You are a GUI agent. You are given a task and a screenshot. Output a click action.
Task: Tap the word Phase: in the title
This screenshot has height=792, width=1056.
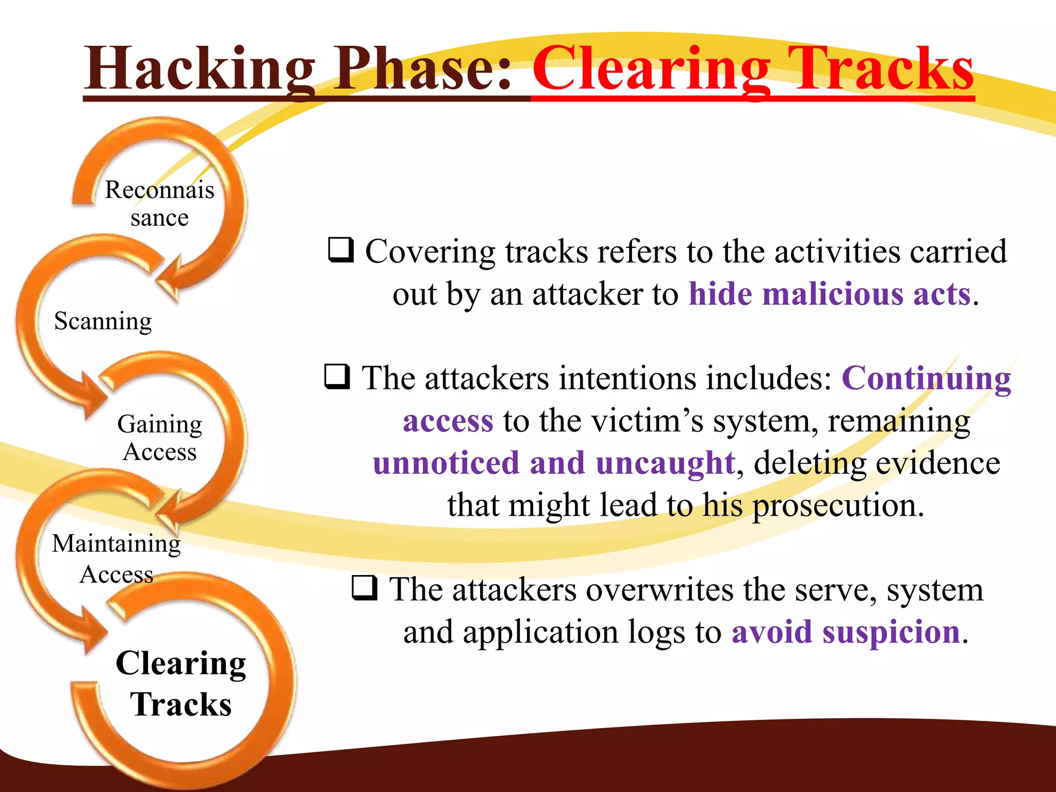click(423, 70)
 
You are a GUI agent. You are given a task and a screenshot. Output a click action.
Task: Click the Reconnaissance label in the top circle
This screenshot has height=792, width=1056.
click(159, 203)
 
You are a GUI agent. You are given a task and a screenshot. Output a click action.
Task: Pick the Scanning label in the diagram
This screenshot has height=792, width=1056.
click(103, 321)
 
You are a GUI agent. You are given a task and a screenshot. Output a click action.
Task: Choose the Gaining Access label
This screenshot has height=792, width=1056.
click(160, 437)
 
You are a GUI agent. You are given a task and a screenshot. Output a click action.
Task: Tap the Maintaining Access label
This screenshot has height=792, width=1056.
click(117, 558)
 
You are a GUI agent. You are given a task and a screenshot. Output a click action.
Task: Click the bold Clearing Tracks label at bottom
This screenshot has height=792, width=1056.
click(180, 683)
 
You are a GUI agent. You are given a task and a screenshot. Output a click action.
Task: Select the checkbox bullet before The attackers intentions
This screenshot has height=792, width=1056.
click(337, 376)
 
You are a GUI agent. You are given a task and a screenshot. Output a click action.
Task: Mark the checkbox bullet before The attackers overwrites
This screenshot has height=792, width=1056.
click(365, 588)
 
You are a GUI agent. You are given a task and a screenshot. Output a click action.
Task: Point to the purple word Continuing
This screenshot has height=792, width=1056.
click(926, 378)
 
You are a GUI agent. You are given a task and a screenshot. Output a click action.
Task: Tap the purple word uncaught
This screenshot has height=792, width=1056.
click(665, 463)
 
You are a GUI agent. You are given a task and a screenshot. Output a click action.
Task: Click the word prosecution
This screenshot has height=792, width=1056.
click(837, 505)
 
